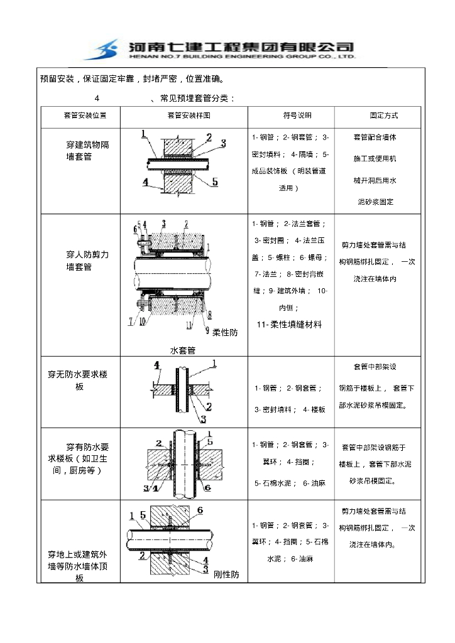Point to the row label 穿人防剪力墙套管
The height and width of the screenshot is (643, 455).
(x=87, y=261)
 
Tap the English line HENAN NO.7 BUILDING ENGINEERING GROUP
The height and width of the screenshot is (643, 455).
(x=241, y=57)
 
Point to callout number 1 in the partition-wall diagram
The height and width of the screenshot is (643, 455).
(x=143, y=134)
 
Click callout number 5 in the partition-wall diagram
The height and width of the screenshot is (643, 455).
(x=214, y=181)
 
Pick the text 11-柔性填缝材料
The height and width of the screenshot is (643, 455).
(x=290, y=325)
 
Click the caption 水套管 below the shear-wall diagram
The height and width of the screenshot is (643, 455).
(x=183, y=350)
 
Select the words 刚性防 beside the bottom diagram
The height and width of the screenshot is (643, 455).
(x=226, y=575)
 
